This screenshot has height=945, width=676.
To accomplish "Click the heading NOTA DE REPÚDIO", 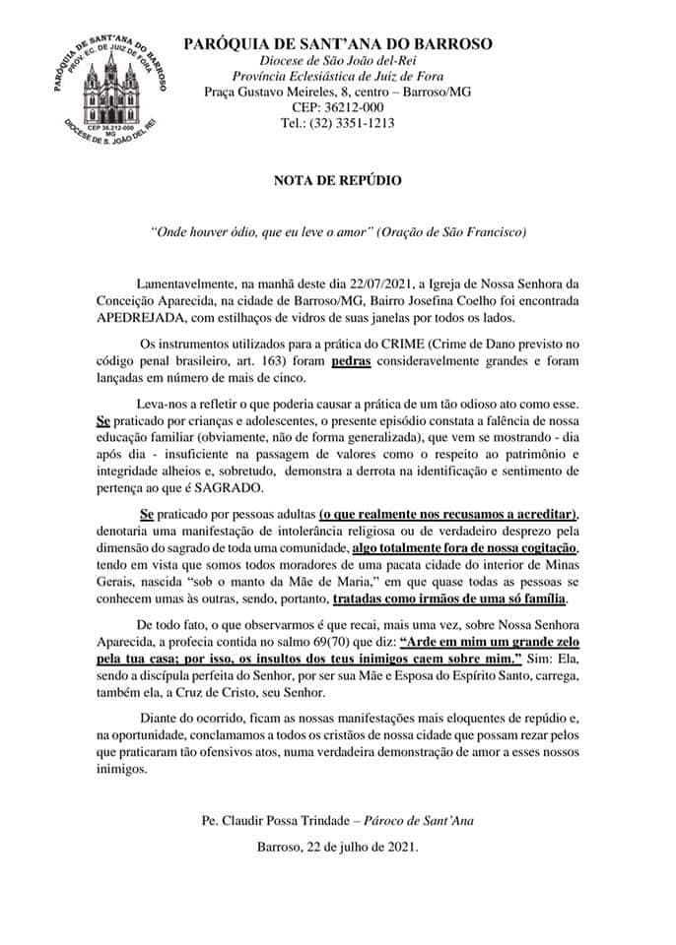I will [x=338, y=181].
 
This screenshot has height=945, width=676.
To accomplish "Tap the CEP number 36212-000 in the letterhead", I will [x=338, y=107].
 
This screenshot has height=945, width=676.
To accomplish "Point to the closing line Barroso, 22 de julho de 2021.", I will [x=337, y=845].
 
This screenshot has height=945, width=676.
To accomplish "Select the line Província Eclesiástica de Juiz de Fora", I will [x=338, y=77].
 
